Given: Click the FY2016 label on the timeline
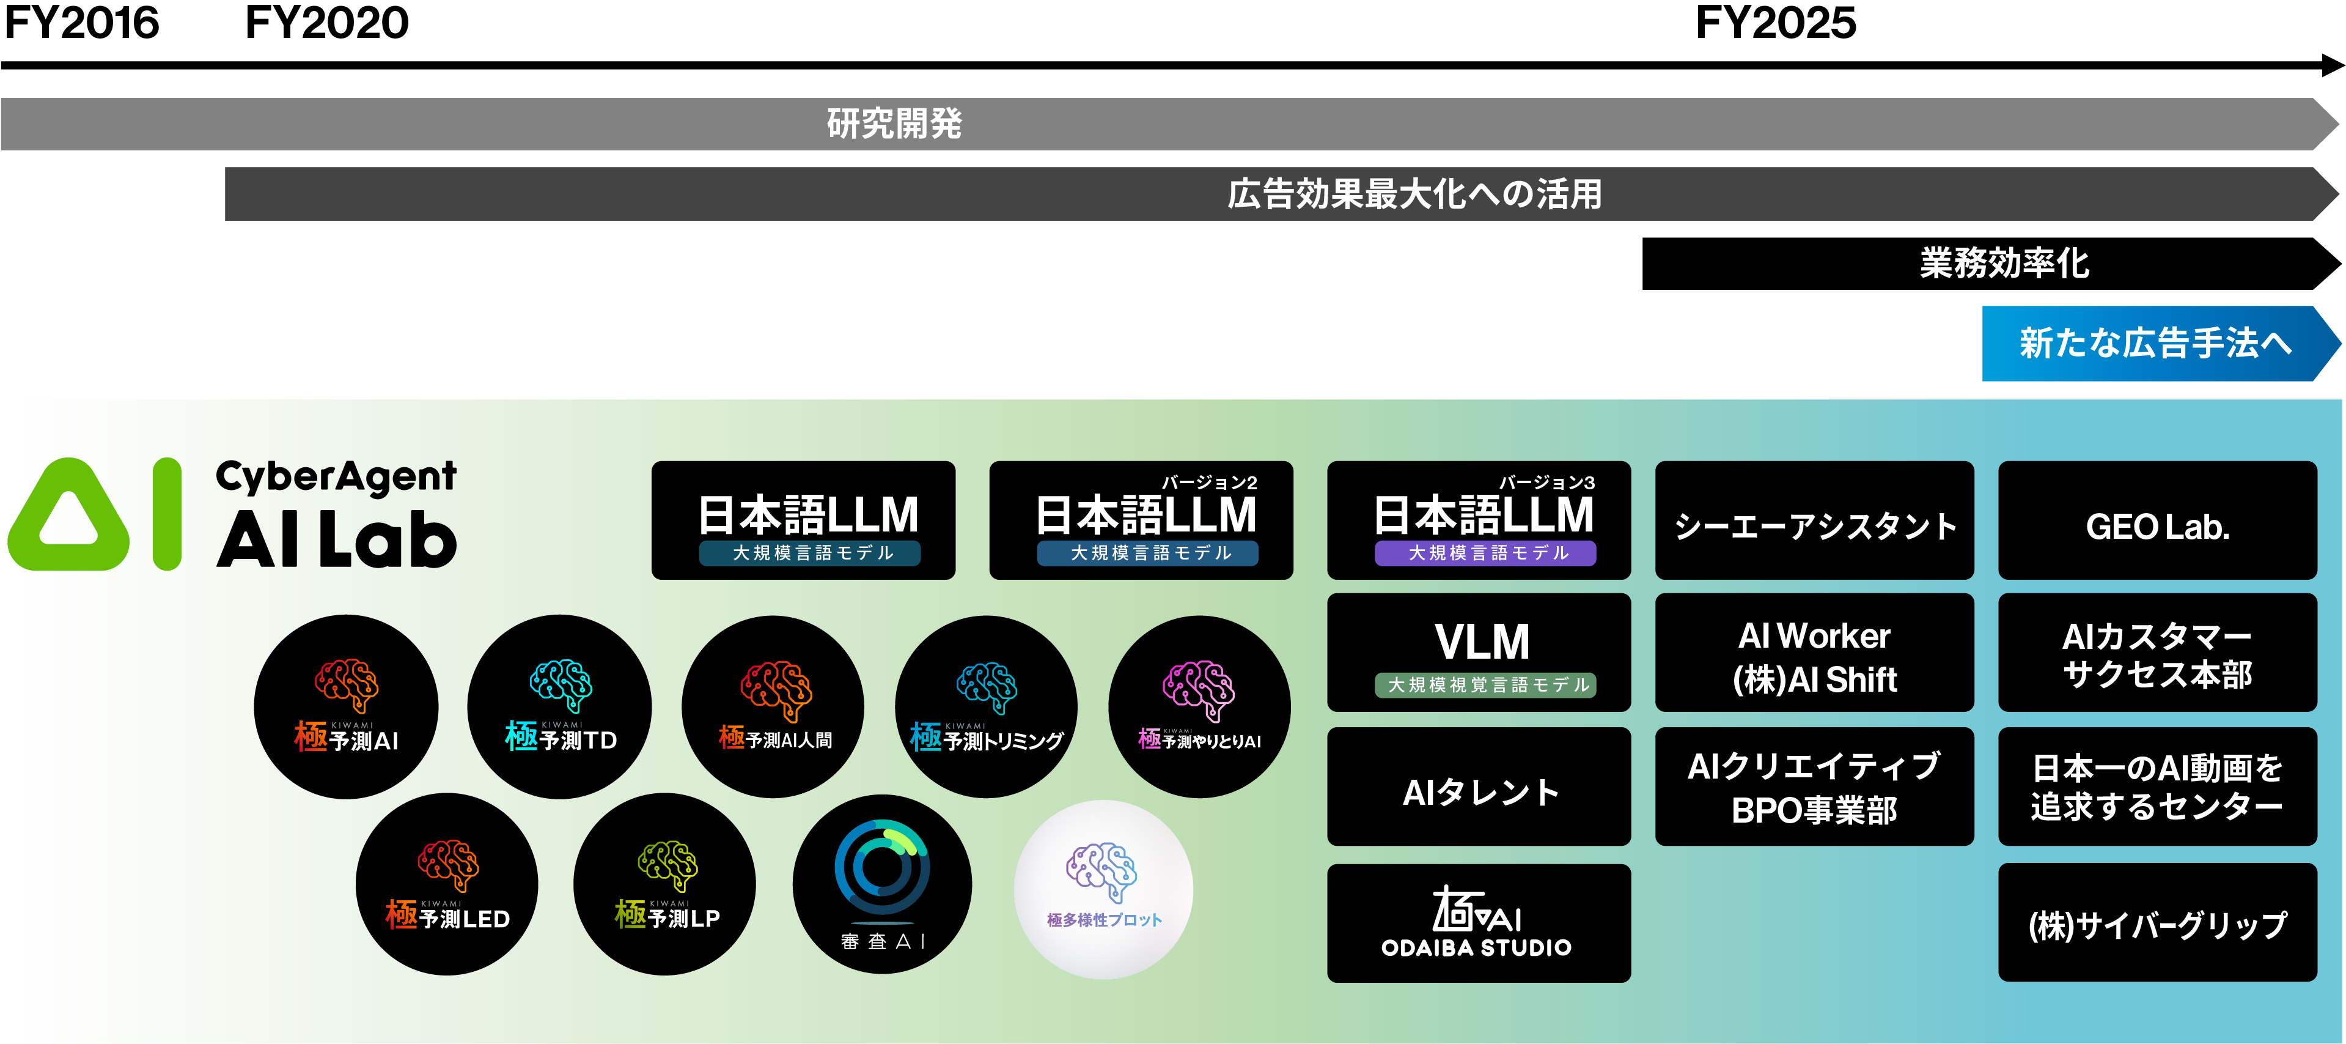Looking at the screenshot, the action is point(81,23).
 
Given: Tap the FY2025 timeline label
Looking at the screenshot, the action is point(1775,23).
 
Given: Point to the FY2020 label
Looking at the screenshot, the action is point(327,23).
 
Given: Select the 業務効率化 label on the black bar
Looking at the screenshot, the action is point(2004,263).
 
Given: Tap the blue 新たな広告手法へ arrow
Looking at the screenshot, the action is point(2160,344).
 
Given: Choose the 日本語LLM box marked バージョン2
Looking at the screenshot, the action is point(1141,520).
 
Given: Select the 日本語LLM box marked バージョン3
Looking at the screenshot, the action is point(1479,520).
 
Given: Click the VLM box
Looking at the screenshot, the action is point(1479,653).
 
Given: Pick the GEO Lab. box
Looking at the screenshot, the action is point(2158,520).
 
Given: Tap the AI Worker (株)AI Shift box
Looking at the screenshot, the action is point(1814,653).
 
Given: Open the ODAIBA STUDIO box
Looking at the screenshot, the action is point(1479,923).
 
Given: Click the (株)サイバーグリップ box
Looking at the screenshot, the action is point(2158,923).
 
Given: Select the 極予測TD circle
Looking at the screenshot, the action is point(560,707).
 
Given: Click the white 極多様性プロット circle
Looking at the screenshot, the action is point(1104,890).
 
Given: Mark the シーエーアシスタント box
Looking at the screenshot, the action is point(1814,520).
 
